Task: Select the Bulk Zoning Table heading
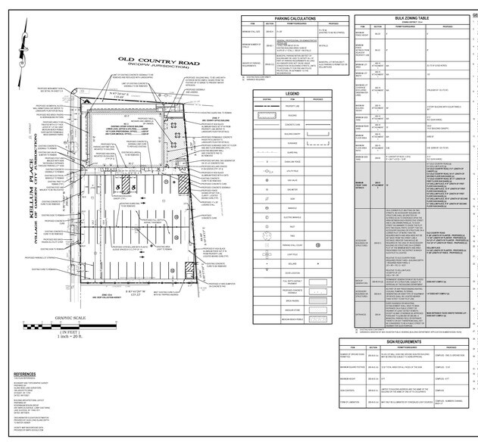click(413, 17)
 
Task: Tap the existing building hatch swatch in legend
click(267, 118)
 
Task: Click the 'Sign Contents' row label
click(356, 408)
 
